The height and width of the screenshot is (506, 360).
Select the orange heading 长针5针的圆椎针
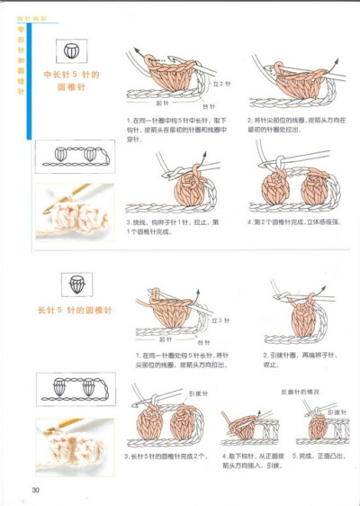[x=74, y=311]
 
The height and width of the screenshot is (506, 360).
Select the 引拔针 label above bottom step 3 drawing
[x=198, y=393]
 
